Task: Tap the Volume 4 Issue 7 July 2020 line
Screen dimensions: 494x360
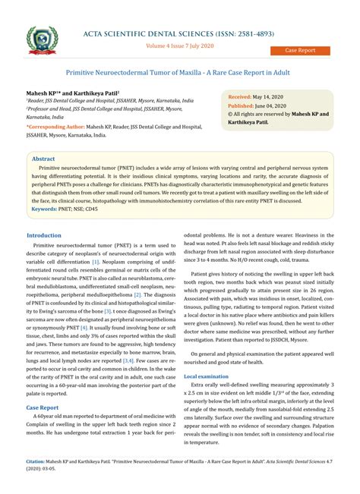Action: pos(180,45)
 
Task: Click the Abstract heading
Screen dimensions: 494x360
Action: pos(45,159)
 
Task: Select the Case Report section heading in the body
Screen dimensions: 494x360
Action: pos(43,407)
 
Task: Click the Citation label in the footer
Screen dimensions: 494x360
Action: pos(35,461)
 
